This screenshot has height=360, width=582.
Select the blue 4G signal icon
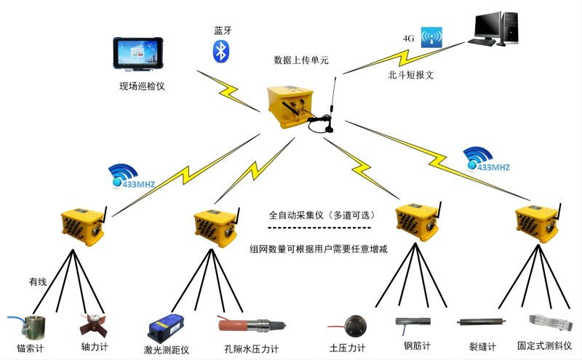431,36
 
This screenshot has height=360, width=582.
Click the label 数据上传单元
300,60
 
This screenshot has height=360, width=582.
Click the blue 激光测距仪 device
167,329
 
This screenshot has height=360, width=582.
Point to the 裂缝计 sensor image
479,321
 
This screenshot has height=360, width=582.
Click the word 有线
39,281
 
